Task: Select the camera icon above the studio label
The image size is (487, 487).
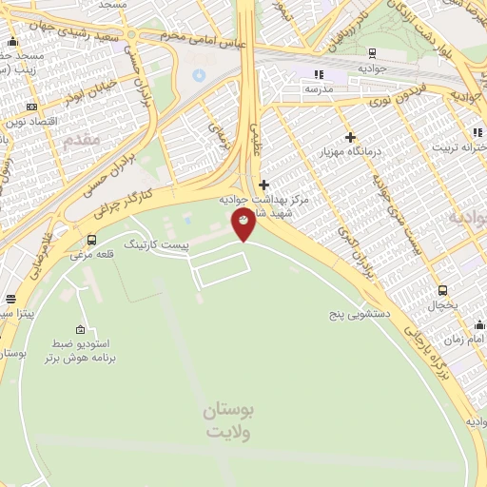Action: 81,327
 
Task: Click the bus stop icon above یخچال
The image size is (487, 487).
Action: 443,289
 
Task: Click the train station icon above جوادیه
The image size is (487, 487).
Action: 372,53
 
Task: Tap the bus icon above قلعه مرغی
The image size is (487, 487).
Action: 92,240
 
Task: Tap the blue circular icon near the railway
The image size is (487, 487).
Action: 199,75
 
